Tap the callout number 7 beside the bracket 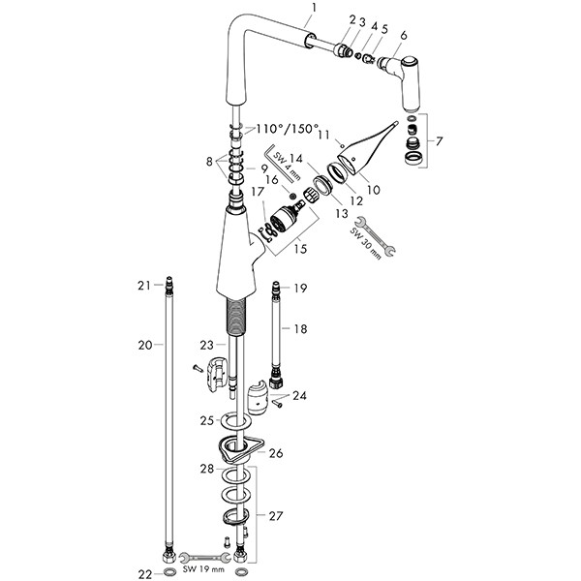[x=442, y=141]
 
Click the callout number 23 [x=205, y=344]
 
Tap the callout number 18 [x=301, y=330]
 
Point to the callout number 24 [x=299, y=395]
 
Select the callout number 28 [x=205, y=470]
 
